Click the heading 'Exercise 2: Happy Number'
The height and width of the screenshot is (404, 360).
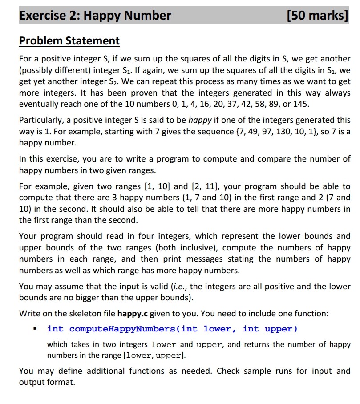tap(95, 16)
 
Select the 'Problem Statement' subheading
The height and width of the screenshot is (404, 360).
tap(69, 41)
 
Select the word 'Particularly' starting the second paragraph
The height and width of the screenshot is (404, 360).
tap(41, 120)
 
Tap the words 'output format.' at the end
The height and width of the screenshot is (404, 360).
tap(47, 382)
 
